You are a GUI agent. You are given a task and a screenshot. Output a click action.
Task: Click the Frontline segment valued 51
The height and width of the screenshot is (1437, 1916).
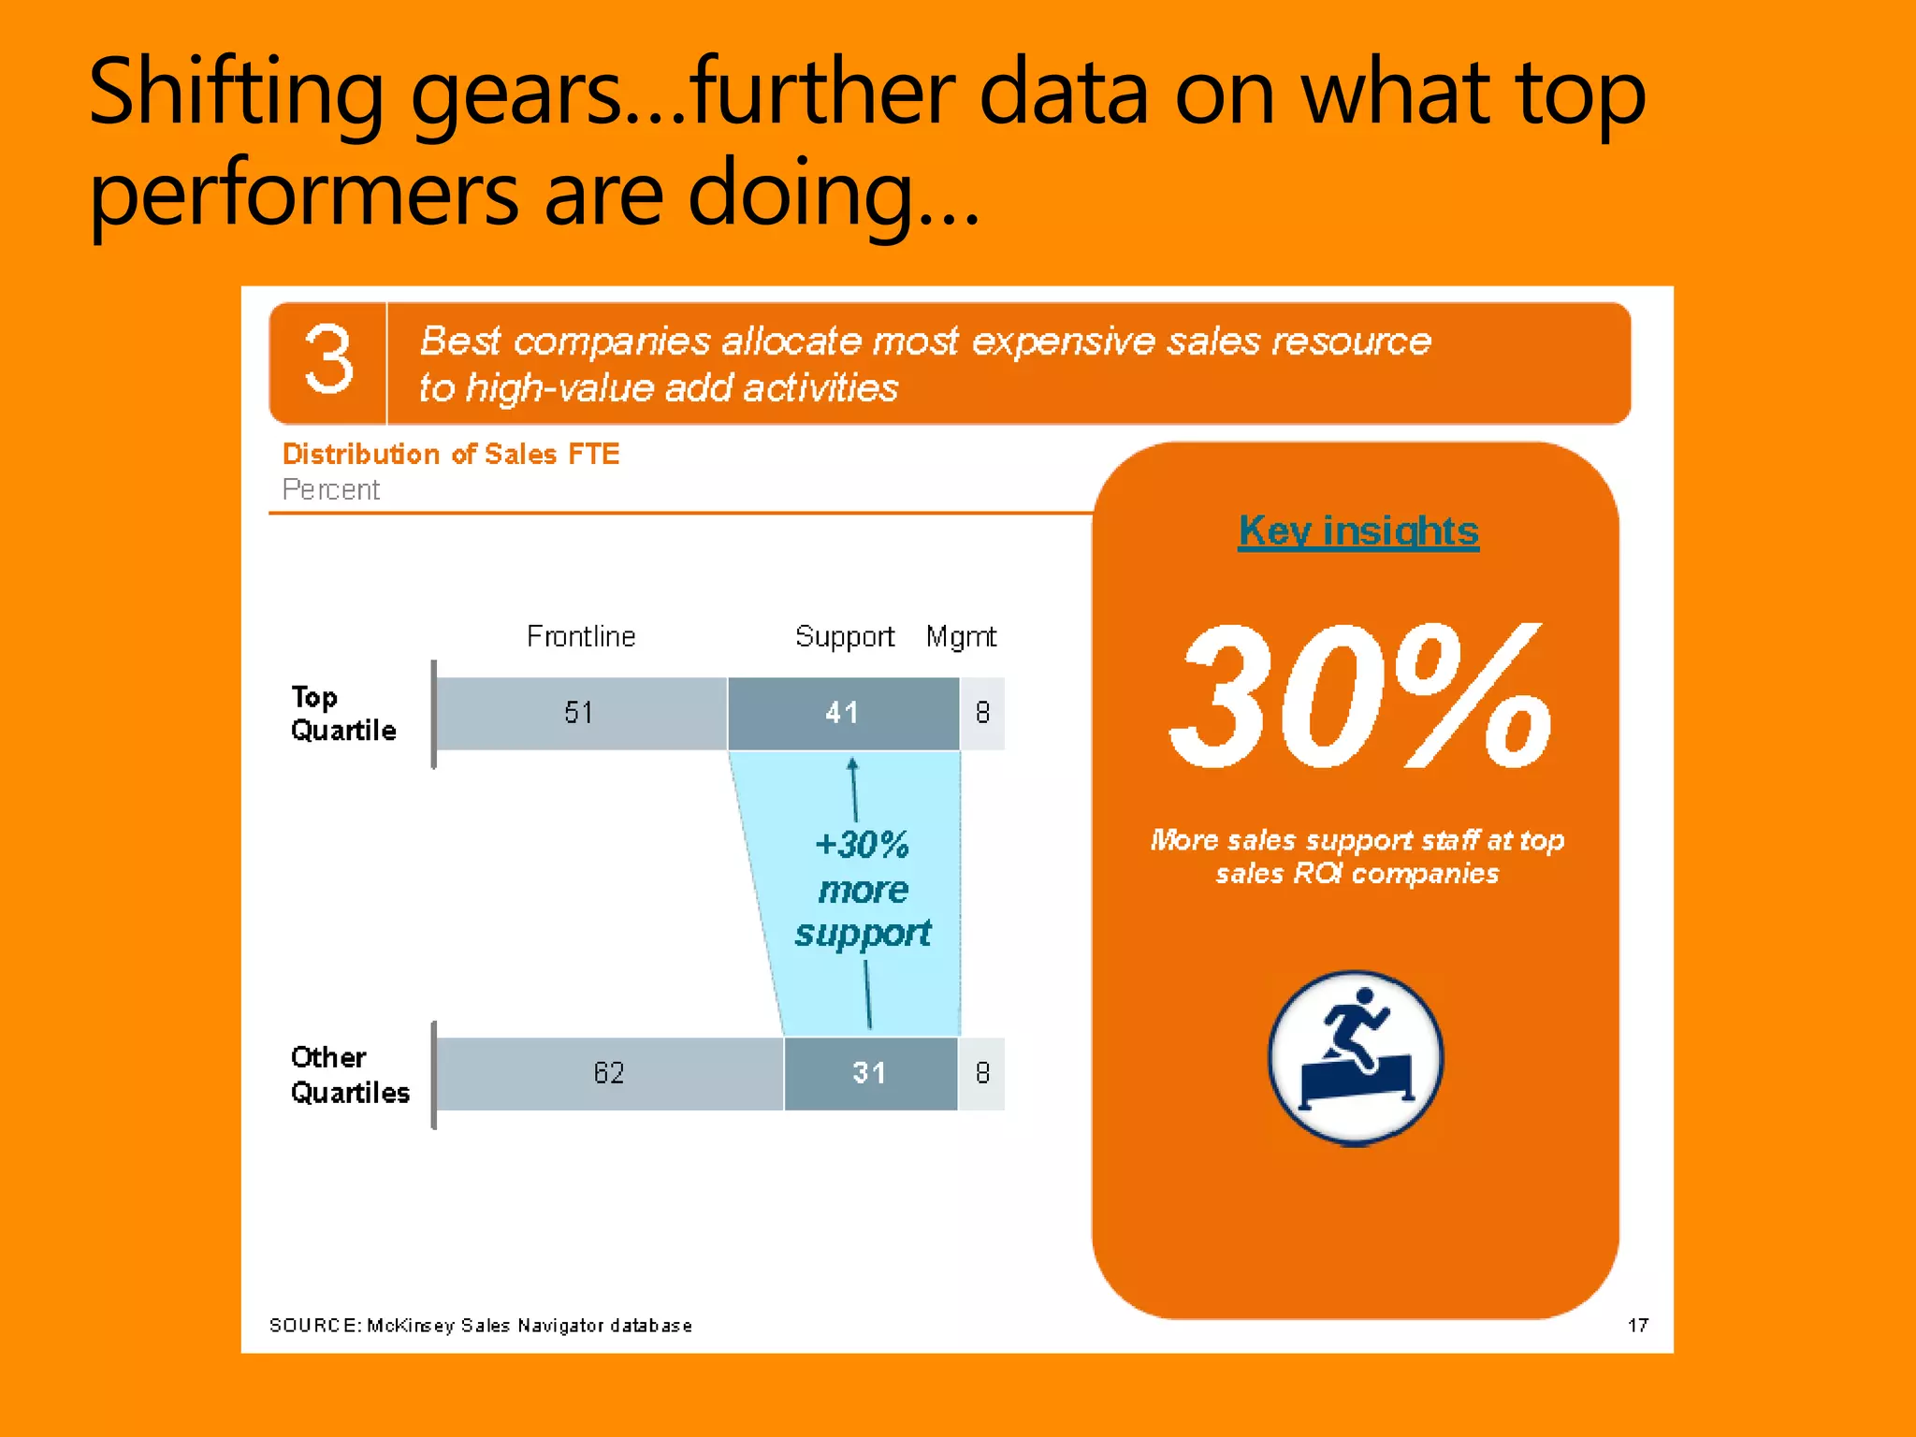580,713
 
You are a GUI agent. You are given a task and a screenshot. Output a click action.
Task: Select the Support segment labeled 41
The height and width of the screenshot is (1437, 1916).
842,713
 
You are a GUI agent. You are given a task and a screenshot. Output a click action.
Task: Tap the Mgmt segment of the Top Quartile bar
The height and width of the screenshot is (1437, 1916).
982,713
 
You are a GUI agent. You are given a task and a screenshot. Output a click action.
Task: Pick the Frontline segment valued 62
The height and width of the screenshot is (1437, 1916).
609,1073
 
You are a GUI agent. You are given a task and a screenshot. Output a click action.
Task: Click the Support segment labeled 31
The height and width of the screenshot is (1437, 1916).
870,1073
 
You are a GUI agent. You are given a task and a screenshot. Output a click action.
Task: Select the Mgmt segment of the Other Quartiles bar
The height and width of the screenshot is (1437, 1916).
982,1073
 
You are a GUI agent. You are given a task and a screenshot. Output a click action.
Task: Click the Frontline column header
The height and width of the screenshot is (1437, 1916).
581,636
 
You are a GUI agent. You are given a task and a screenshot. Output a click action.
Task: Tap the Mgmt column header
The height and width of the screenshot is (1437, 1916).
961,636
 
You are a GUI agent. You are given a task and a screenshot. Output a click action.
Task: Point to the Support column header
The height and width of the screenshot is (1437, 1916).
844,636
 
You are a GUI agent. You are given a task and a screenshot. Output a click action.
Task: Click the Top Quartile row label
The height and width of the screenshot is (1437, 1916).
342,714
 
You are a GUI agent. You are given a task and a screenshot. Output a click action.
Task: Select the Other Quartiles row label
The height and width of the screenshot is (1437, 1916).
349,1075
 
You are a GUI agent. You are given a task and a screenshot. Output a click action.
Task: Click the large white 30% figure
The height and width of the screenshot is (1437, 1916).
1357,697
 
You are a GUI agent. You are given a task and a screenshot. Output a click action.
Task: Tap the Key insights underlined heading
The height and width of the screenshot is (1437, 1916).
1357,531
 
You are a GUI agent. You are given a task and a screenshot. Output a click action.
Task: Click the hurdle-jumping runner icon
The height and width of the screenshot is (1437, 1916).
1356,1058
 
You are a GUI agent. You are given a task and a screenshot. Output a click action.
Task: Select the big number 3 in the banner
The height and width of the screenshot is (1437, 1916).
328,361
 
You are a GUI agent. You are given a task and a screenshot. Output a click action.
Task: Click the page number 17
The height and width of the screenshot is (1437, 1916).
1637,1325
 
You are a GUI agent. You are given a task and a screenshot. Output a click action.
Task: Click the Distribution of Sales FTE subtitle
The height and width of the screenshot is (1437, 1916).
451,454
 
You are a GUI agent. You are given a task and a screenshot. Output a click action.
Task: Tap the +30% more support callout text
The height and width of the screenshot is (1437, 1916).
863,889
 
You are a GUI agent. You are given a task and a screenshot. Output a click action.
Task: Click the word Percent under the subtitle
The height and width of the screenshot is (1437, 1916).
330,489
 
